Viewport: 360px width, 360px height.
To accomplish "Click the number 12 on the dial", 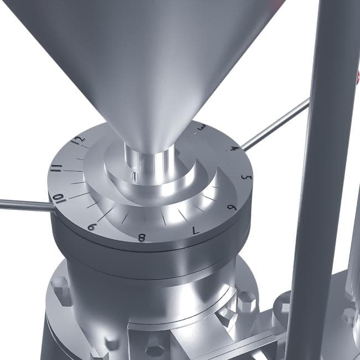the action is coord(78,140).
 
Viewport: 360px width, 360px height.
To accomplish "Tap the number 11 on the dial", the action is coord(56,168).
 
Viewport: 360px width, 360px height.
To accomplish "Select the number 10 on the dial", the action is coord(59,198).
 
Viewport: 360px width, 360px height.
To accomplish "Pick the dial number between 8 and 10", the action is coord(91,227).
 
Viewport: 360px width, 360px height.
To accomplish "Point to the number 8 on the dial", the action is coord(142,238).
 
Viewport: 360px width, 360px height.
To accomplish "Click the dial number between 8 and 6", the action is coord(196,230).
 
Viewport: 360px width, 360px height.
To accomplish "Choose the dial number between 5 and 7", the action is coord(232,208).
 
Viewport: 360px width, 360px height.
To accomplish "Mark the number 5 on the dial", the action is coord(246,177).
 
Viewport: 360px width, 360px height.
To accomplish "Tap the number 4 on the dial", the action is coord(235,148).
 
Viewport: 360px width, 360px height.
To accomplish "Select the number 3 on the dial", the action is coord(202,127).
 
